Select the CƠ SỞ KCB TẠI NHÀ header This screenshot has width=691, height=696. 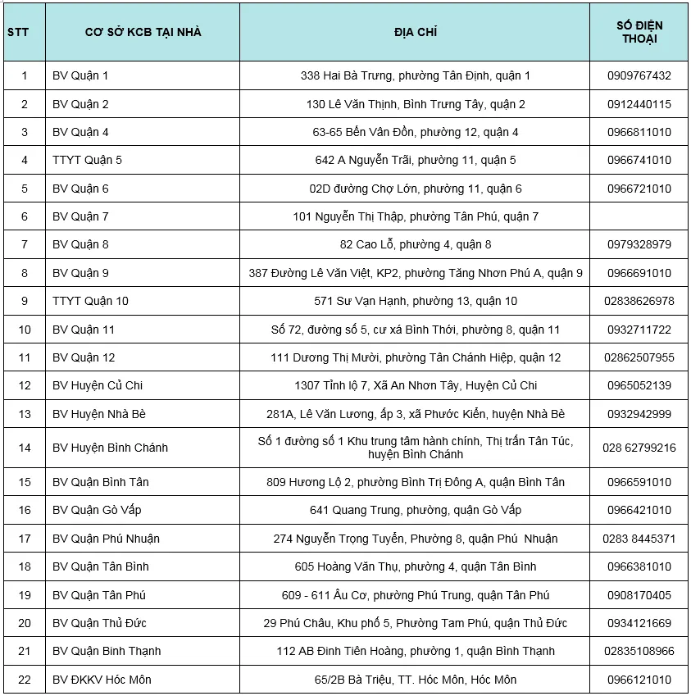(143, 32)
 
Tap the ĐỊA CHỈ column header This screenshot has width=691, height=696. (415, 32)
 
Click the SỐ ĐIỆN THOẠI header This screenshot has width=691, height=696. (639, 32)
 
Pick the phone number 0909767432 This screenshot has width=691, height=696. (639, 75)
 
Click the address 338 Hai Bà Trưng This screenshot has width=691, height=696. (415, 75)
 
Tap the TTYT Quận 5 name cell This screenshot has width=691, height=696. (87, 160)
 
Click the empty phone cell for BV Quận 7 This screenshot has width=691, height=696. (639, 216)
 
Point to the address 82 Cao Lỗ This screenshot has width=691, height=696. (415, 244)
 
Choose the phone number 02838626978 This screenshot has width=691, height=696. (639, 301)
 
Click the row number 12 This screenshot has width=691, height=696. (24, 385)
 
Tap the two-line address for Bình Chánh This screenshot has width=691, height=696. (415, 448)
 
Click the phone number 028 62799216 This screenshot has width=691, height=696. (639, 448)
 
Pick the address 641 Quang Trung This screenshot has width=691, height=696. (415, 510)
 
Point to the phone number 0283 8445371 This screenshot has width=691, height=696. (639, 539)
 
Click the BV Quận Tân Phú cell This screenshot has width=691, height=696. (98, 595)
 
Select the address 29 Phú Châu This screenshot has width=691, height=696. (415, 623)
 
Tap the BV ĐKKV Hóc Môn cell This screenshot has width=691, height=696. (102, 680)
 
